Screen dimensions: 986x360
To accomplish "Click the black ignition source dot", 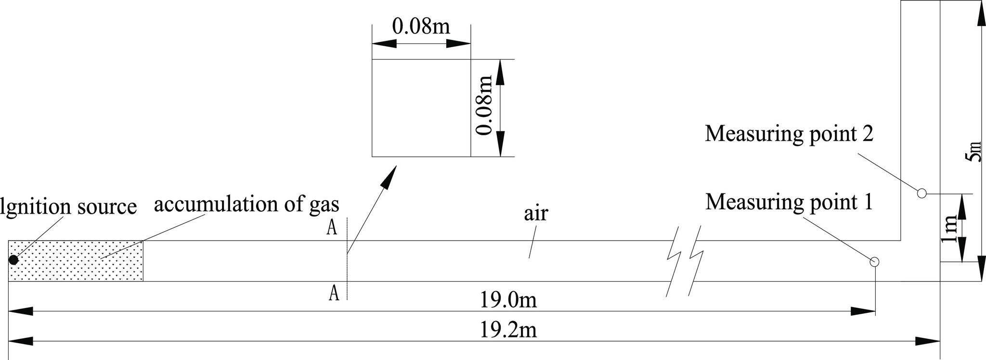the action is pyautogui.click(x=13, y=260).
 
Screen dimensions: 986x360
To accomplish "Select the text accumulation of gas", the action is pyautogui.click(x=246, y=205).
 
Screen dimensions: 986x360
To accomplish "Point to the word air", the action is pyautogui.click(x=536, y=213).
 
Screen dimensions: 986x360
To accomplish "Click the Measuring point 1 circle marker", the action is pyautogui.click(x=875, y=262).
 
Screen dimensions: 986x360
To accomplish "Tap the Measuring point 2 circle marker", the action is pyautogui.click(x=921, y=193).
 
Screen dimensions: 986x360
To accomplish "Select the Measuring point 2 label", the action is pyautogui.click(x=789, y=133).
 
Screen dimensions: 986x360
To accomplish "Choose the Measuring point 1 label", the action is pyautogui.click(x=789, y=202).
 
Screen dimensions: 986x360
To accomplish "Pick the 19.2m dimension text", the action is pyautogui.click(x=508, y=331).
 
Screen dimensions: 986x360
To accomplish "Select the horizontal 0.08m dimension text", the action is pyautogui.click(x=421, y=26).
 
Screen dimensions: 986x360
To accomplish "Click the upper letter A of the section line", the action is pyautogui.click(x=332, y=228).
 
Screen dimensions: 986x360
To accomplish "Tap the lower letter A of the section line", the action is pyautogui.click(x=334, y=293).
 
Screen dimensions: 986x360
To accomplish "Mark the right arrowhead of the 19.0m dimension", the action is pyautogui.click(x=864, y=311).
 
